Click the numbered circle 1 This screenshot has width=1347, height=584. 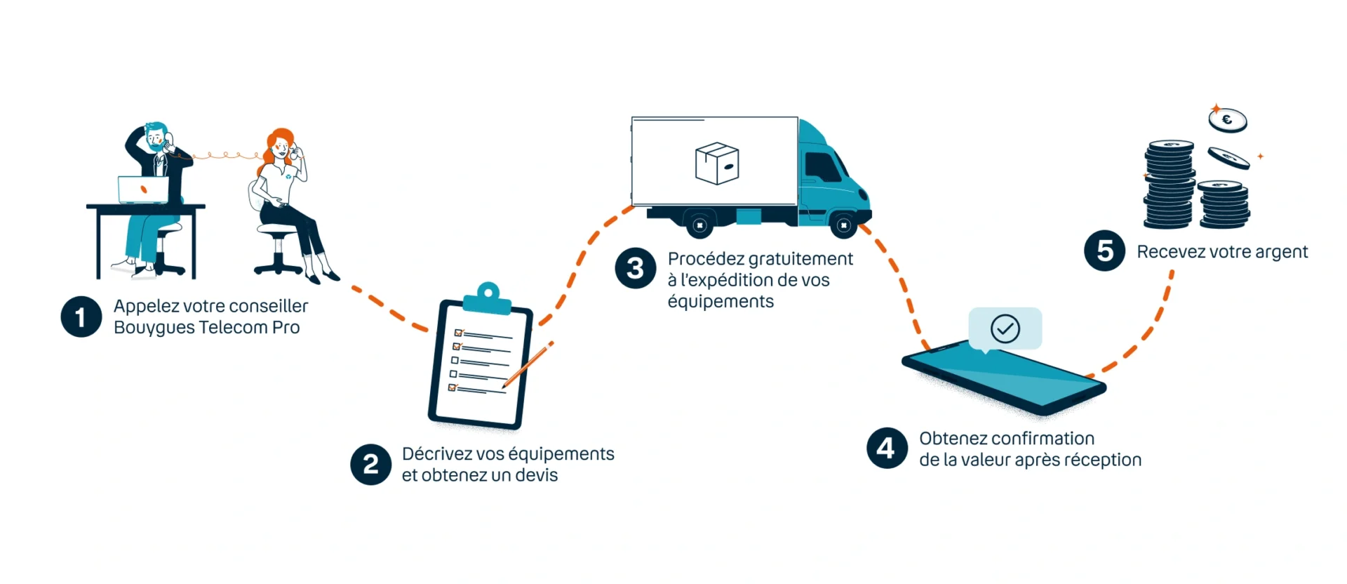[81, 317]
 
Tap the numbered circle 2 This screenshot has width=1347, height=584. [371, 464]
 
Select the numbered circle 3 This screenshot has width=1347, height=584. [636, 268]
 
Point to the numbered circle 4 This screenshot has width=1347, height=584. [887, 448]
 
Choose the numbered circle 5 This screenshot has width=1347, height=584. [1105, 251]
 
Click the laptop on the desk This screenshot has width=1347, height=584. [143, 190]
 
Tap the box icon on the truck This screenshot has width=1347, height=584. [717, 164]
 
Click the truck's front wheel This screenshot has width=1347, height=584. [843, 225]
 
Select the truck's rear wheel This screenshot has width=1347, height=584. [699, 225]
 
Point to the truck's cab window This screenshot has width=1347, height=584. [822, 167]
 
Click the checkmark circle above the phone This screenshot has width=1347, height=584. [1005, 328]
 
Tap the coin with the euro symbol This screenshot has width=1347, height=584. [1228, 120]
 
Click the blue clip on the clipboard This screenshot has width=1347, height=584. [488, 298]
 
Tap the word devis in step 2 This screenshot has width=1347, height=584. [536, 475]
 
